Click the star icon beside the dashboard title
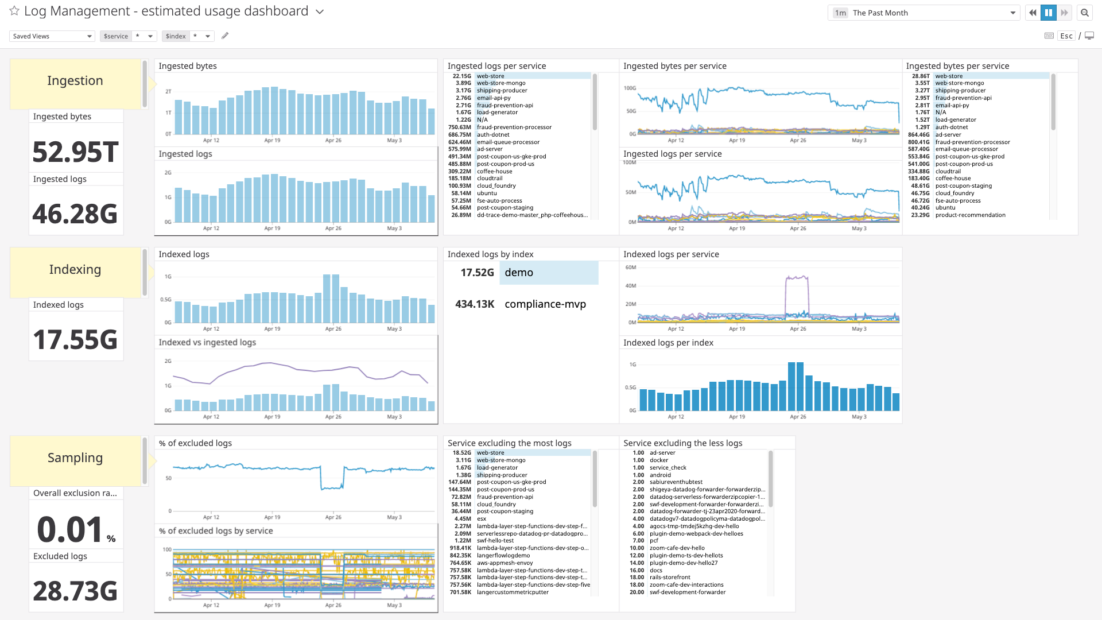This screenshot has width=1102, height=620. coord(14,11)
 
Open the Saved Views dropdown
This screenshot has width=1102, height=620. coord(52,36)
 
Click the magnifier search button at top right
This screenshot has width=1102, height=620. coord(1084,13)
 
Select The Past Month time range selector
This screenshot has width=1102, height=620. coord(924,13)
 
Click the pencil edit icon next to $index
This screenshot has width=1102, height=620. coord(225,36)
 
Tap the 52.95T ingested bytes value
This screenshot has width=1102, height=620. coord(75,152)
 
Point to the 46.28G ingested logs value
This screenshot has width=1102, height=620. coord(75,214)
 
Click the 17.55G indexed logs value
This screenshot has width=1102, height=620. coord(75,339)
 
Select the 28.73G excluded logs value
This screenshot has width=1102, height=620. coord(75,591)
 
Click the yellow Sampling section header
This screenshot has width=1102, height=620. coord(75,458)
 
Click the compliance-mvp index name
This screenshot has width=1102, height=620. coord(545,304)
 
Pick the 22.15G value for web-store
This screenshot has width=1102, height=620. coord(461,76)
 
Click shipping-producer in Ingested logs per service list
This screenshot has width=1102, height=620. coord(502,91)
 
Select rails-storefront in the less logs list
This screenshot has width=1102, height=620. coord(670,578)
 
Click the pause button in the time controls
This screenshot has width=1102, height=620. coord(1048,13)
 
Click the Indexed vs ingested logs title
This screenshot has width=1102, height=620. coord(207,342)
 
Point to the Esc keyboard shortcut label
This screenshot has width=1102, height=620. coord(1066,36)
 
